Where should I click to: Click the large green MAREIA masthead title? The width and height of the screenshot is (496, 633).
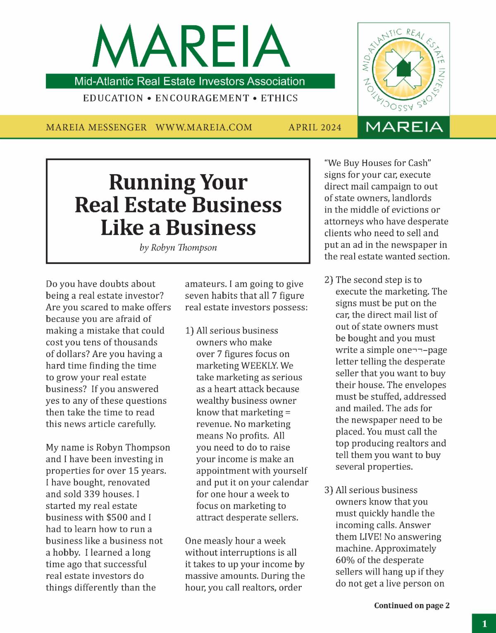pos(191,46)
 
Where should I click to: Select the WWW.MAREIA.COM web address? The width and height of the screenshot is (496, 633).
pos(204,127)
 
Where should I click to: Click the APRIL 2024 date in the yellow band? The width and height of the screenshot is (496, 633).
pos(315,127)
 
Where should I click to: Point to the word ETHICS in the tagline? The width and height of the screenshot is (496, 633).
pos(279,98)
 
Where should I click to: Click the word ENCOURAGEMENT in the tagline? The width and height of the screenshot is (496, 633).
pos(202,98)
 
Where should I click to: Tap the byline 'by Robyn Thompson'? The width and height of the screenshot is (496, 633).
pos(178,248)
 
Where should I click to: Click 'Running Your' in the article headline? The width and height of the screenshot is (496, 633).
pos(178,182)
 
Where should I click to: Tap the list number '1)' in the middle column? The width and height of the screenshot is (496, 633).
pos(189,331)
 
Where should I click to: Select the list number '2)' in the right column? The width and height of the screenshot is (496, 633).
pos(329,280)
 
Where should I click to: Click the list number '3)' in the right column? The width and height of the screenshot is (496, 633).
pos(329,490)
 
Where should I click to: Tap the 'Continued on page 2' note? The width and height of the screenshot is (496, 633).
pos(412,606)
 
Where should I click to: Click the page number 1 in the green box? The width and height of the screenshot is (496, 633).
pos(484,624)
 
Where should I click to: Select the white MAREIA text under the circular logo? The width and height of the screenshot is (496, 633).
pos(404,127)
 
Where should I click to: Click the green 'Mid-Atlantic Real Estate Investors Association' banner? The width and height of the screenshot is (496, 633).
pos(190,81)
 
